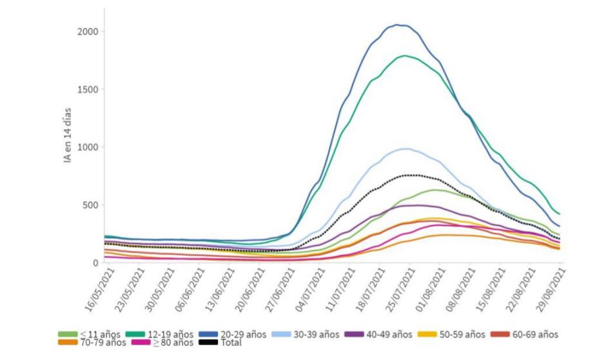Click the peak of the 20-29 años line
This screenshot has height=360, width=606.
pyautogui.click(x=401, y=25)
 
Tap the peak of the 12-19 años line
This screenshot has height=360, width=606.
pyautogui.click(x=405, y=55)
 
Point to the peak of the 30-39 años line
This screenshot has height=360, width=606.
pyautogui.click(x=405, y=148)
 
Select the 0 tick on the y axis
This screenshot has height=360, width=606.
pyautogui.click(x=94, y=263)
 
